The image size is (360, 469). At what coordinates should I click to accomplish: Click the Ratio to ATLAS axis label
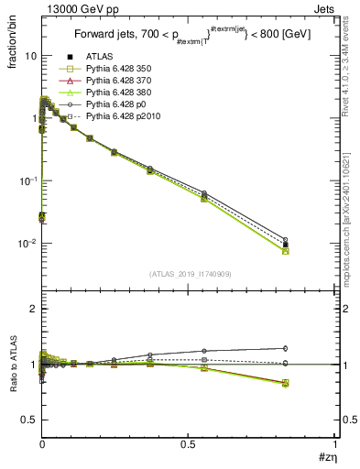tap(12, 364)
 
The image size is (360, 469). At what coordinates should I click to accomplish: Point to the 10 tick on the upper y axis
tap(30, 56)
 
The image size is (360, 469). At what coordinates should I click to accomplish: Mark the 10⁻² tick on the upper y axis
tap(27, 244)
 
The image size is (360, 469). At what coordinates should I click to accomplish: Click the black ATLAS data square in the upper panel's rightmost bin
tap(286, 245)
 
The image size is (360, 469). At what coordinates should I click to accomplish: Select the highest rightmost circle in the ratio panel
tap(286, 348)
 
